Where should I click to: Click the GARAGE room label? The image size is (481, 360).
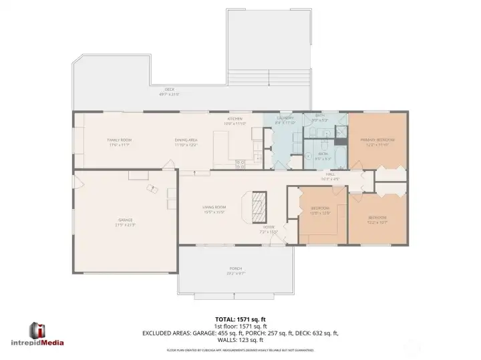tap(126, 220)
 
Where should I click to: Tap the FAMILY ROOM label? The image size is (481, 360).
tap(118, 140)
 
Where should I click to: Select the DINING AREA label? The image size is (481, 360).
tap(186, 140)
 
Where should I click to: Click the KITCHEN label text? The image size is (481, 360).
tap(235, 120)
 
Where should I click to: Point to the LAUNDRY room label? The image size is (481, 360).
tap(286, 119)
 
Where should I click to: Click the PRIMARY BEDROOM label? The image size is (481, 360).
tap(377, 140)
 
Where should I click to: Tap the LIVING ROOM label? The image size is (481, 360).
tap(214, 208)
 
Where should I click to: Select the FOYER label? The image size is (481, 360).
tap(269, 227)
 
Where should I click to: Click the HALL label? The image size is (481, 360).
tap(331, 174)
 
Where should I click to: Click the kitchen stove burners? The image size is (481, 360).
tap(239, 162)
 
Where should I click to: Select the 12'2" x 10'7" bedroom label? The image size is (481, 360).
tap(378, 219)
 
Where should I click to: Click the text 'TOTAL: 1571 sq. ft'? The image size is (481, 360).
tap(240, 319)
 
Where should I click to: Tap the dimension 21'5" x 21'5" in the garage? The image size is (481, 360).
tap(126, 224)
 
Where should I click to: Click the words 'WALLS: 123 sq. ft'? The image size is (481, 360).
tap(240, 339)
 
